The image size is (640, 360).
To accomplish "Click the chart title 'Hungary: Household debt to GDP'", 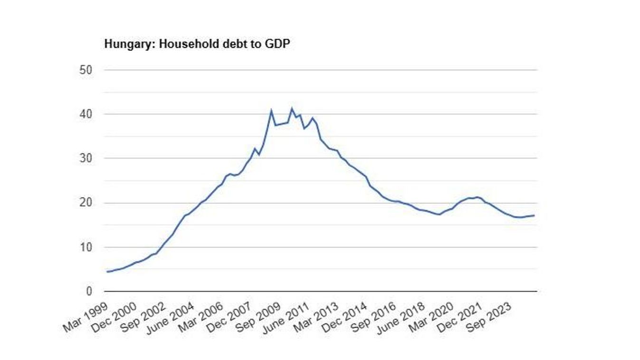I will (x=197, y=44).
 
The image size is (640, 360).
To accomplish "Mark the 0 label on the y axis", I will (x=88, y=292).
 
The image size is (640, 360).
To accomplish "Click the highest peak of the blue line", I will (x=292, y=109).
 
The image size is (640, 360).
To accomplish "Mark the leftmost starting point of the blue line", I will (x=107, y=272).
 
